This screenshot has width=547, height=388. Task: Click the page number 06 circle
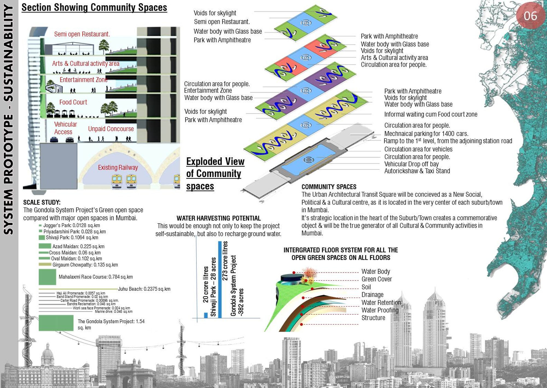[x=530, y=15]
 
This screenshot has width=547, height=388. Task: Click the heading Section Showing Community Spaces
[x=94, y=7]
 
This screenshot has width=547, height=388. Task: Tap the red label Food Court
[x=73, y=102]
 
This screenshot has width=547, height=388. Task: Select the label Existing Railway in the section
[x=118, y=167]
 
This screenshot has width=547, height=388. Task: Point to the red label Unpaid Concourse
[x=111, y=129]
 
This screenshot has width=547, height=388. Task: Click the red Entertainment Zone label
[x=83, y=80]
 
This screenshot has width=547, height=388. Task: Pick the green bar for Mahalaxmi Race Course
[x=47, y=277]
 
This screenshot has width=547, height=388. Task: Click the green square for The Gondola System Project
[x=56, y=323]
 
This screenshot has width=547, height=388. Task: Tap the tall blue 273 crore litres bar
[x=220, y=279]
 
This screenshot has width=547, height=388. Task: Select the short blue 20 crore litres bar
[x=206, y=315]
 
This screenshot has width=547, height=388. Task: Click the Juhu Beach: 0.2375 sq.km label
[x=144, y=289]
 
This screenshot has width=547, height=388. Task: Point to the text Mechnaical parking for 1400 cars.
[x=426, y=134]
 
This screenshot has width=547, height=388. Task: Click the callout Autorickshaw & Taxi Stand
[x=417, y=171]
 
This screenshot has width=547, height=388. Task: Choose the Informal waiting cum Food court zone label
[x=431, y=114]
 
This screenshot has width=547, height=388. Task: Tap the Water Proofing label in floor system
[x=380, y=310]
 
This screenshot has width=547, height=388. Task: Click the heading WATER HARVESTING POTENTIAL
[x=219, y=218]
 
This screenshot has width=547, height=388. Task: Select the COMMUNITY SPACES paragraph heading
[x=329, y=187]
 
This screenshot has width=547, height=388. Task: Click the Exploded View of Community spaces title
[x=215, y=174]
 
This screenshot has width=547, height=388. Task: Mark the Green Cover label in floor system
[x=377, y=279]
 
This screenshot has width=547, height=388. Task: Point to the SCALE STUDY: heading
[x=42, y=202]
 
